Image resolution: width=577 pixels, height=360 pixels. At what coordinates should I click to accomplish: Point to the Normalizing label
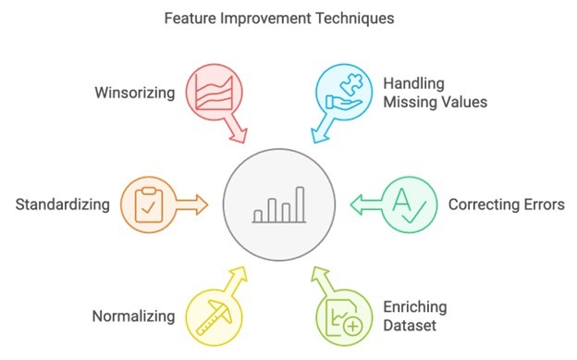[133, 317]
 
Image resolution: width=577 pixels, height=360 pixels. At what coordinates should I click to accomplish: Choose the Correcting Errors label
[505, 204]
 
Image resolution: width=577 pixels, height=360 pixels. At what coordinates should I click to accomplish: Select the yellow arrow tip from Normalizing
[241, 271]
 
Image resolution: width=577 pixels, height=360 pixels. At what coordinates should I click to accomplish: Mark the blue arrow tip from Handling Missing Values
[316, 139]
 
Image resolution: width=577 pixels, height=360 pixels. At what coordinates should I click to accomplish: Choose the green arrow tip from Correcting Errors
[351, 203]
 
